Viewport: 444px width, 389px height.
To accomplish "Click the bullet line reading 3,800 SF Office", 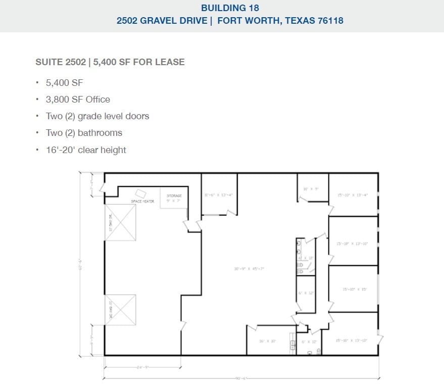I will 78,100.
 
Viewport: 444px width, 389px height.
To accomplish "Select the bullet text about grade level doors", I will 97,116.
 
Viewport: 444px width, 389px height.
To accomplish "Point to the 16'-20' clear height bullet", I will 86,150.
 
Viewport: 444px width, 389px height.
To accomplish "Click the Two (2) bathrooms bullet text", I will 84,133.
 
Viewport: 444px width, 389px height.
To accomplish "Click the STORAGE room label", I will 174,196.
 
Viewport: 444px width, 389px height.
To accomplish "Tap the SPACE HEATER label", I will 142,202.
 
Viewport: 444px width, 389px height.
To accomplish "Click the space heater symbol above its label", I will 140,193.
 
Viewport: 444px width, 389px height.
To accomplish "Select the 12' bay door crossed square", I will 121,222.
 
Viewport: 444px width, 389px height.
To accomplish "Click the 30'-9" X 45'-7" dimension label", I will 249,269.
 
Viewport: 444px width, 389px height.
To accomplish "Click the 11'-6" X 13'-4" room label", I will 218,194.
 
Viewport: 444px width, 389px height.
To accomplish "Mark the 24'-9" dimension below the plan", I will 142,367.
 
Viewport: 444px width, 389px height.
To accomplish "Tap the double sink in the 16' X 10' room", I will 292,345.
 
